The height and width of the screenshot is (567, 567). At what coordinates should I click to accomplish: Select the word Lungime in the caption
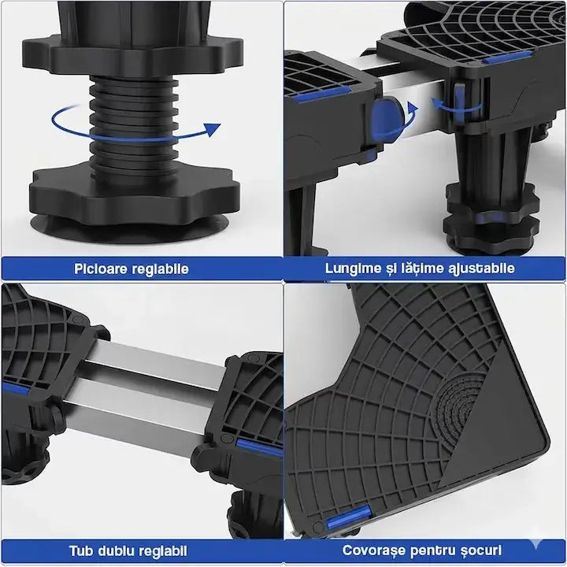coord(350,269)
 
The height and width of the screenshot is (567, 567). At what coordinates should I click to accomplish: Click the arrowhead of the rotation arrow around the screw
coord(212,129)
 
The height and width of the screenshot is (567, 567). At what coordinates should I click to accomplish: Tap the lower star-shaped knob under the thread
coord(135,191)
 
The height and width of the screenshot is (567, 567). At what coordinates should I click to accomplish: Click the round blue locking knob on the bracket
coord(386,120)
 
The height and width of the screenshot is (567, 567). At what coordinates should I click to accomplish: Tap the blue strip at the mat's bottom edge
coord(347,517)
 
